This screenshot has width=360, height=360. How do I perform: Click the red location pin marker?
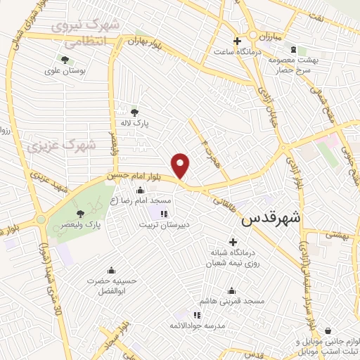point(181,167)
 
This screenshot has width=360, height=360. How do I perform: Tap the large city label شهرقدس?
point(270,219)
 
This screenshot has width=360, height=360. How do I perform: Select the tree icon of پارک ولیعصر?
point(82,212)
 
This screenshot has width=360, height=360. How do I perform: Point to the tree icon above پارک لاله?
point(135,110)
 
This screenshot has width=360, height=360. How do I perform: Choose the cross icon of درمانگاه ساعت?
point(238,41)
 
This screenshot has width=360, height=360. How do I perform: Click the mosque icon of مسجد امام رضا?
point(139,190)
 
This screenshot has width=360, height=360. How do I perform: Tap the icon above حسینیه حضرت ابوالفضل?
point(110,270)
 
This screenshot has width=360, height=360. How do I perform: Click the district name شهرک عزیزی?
point(62,145)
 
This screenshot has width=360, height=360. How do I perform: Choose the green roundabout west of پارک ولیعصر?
point(41,220)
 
